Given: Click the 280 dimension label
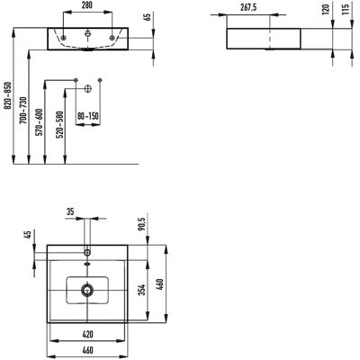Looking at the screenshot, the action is [87, 5].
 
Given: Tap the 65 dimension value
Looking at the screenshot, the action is [148, 17].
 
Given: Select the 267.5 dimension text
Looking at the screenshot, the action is [248, 7].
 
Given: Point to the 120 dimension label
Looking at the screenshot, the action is [326, 9].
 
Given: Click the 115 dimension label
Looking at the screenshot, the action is [346, 9].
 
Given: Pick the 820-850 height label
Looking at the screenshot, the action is [8, 95].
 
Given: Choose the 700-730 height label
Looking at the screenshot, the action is [24, 110].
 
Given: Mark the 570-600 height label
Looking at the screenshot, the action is [40, 122].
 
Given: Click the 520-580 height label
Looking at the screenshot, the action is [60, 125].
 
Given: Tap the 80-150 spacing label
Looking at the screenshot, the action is [88, 116].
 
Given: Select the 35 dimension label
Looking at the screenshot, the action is [70, 211].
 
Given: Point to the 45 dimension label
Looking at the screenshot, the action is [29, 235].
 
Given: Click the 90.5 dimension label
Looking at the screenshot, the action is [142, 224].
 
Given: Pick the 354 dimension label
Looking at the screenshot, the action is [142, 290].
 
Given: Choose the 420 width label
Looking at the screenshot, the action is [87, 334].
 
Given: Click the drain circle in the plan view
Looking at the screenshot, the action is [87, 290].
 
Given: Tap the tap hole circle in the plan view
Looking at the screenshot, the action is [87, 252].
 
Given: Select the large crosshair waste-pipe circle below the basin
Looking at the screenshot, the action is [87, 89].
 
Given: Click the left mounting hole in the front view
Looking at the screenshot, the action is [63, 38].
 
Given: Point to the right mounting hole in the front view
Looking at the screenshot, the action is [112, 38].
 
